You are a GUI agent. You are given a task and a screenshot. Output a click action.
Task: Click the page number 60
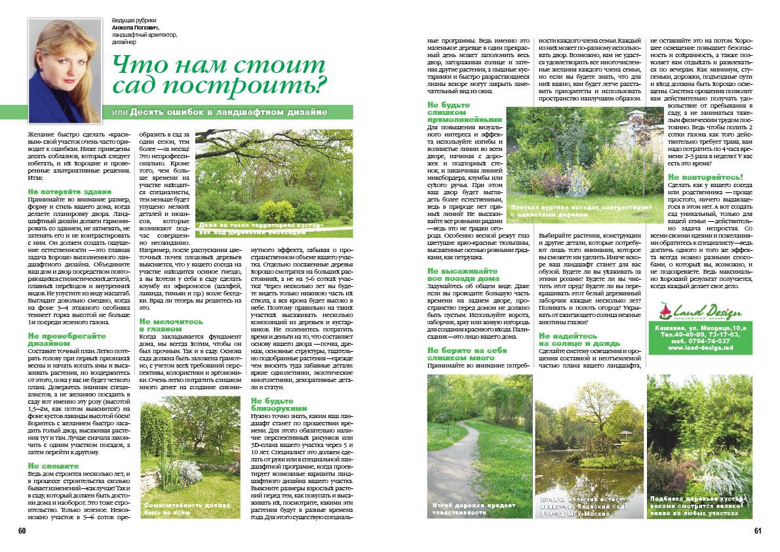(x=22, y=531)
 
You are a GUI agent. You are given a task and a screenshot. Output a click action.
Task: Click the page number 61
(x=758, y=531)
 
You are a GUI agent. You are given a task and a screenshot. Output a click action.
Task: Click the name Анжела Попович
(x=136, y=28)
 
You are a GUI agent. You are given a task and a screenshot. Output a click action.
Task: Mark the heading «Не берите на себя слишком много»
(x=467, y=354)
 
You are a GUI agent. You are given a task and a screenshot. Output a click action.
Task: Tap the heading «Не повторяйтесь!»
(x=705, y=177)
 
